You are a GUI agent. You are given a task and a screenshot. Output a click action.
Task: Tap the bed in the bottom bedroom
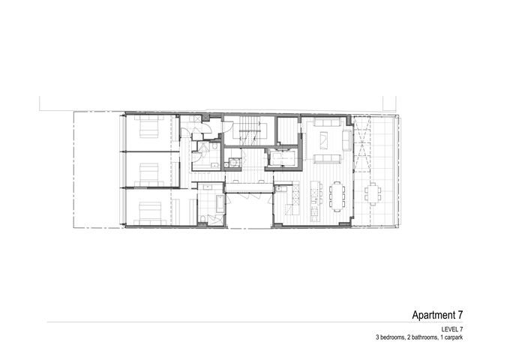(x=150, y=213)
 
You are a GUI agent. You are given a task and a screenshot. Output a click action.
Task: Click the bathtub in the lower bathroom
(x=220, y=203)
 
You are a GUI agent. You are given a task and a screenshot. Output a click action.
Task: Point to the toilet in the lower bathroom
(x=202, y=220)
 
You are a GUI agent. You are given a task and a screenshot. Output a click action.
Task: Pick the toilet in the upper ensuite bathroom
(x=215, y=147)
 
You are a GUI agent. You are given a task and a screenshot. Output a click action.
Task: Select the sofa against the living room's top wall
(x=327, y=122)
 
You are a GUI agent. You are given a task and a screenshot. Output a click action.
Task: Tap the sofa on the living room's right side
(x=347, y=140)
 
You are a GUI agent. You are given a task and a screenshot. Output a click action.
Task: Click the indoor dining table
(x=337, y=196)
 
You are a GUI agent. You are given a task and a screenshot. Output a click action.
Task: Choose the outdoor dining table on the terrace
(x=373, y=194)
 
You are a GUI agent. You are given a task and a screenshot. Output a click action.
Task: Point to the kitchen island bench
(x=314, y=202)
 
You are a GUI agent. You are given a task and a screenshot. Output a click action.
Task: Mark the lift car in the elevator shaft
(x=283, y=159)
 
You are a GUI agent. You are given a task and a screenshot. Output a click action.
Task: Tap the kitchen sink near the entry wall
(x=278, y=188)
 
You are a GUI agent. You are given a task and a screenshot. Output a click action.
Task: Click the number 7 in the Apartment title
(x=460, y=315)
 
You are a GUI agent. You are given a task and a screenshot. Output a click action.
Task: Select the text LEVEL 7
(x=452, y=329)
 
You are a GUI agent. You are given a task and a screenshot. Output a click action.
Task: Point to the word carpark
(x=454, y=337)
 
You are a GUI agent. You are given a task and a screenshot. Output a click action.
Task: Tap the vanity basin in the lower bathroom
(x=207, y=187)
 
